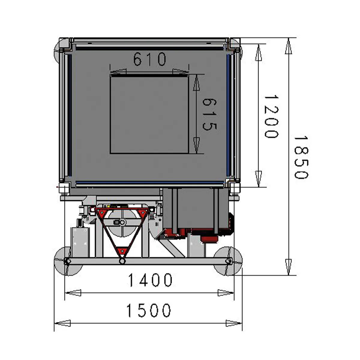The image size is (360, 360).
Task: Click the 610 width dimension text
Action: click(150, 59)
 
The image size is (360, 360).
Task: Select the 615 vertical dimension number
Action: click(209, 115)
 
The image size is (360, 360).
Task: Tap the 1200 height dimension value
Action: click(271, 117)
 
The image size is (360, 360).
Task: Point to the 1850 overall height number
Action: click(301, 157)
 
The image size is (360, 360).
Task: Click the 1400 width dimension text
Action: click(150, 280)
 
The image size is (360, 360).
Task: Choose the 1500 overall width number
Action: click(149, 310)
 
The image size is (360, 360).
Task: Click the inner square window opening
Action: click(149, 114)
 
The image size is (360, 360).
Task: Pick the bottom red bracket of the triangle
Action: click(122, 251)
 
